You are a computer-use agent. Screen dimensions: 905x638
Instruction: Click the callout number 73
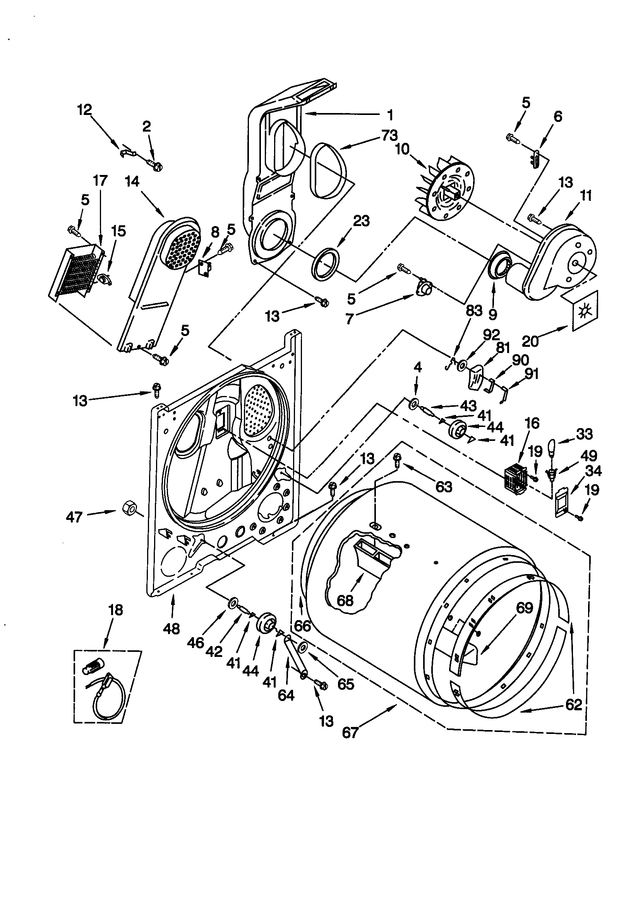click(389, 136)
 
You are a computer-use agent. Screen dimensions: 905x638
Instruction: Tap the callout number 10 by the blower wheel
click(402, 150)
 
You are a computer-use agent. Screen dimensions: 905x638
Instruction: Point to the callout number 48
click(171, 628)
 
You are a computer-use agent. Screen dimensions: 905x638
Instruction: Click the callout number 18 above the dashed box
click(115, 610)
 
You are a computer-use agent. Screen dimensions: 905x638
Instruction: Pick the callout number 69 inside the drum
click(524, 607)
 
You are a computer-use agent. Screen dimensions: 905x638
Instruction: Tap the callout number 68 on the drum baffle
click(345, 601)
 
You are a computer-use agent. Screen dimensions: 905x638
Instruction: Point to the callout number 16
click(532, 423)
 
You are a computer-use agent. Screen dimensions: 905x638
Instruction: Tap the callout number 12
click(84, 110)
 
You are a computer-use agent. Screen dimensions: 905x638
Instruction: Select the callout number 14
click(132, 182)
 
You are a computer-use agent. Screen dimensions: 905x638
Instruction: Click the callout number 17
click(100, 181)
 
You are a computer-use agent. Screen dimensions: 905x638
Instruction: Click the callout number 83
click(474, 310)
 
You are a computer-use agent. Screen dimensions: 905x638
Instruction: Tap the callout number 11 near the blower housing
click(587, 195)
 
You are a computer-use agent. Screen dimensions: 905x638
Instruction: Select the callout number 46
click(196, 643)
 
